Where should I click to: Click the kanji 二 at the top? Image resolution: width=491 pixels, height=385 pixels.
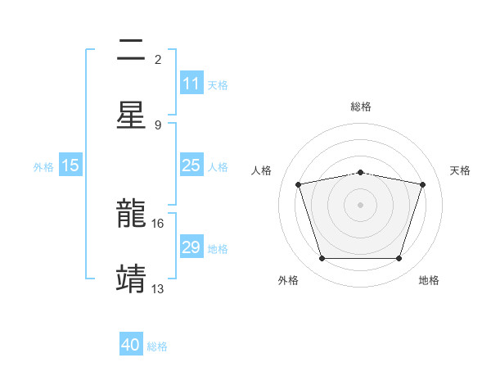point(131,52)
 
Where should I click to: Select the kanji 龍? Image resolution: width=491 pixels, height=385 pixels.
point(131,215)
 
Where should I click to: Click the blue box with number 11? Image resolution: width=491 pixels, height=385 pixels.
point(191,84)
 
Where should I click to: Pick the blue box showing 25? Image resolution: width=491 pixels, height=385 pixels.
point(191,165)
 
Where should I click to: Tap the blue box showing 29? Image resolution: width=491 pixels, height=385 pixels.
point(191,247)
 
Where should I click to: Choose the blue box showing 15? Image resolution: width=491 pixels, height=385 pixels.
point(70,165)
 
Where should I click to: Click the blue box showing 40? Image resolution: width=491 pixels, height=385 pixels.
point(131,345)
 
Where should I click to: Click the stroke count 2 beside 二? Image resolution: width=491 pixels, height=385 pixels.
point(158,60)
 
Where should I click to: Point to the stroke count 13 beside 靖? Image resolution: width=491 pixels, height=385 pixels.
point(158,288)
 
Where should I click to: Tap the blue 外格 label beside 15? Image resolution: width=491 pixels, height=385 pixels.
point(43,166)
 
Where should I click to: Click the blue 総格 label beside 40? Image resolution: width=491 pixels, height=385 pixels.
point(157,346)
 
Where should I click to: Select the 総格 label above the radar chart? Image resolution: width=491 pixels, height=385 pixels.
point(361,106)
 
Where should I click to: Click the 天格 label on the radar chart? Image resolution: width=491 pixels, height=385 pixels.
point(461,170)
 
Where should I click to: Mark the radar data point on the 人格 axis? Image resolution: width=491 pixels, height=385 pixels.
point(299,184)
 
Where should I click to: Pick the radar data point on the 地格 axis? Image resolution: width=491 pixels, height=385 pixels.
point(399,258)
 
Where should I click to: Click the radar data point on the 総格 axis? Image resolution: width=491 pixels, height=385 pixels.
point(361,172)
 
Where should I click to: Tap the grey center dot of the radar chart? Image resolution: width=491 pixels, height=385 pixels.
point(361,204)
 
